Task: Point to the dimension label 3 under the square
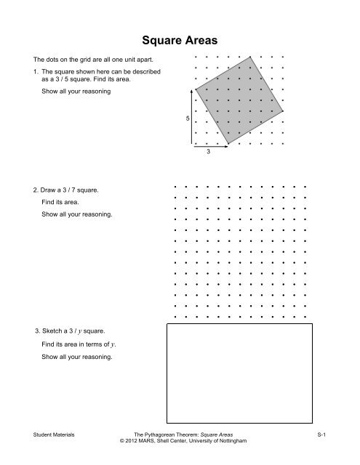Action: tap(209, 153)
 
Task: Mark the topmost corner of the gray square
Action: tap(252, 55)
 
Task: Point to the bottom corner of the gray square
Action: tap(225, 144)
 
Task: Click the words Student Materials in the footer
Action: tap(49, 433)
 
